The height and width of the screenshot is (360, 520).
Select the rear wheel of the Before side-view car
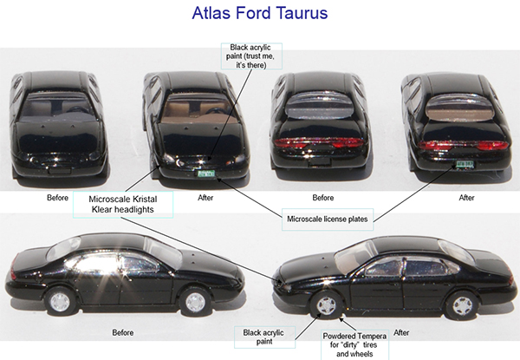click(x=198, y=301)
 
